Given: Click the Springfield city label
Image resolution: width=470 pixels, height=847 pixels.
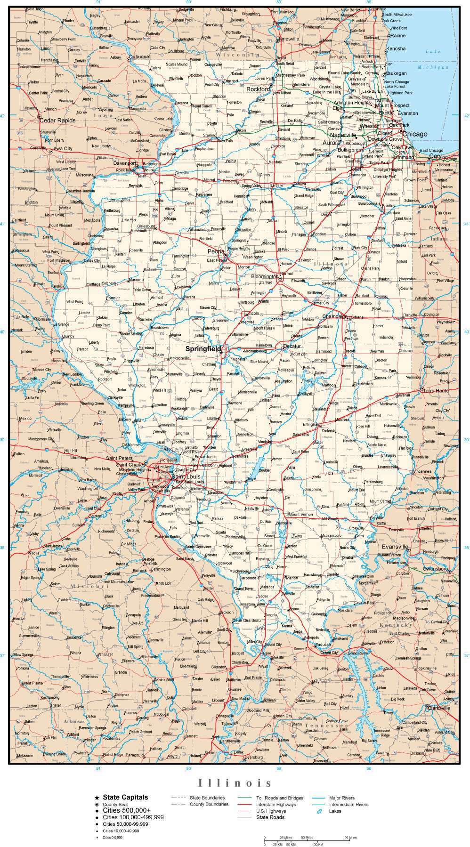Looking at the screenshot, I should (x=203, y=349).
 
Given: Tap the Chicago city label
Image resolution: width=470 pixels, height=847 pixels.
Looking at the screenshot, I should (x=414, y=134).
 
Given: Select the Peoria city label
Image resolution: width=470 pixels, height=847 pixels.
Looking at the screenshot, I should (x=216, y=251).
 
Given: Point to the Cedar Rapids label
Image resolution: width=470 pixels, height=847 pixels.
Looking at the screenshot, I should (x=57, y=121).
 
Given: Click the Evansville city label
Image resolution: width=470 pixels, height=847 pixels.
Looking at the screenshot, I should (x=395, y=547).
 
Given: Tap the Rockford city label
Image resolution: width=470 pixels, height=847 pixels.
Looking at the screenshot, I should (x=258, y=89).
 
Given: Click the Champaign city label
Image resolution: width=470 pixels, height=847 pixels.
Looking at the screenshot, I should (x=334, y=316).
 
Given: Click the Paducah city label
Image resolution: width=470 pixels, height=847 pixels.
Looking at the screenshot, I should (x=323, y=645).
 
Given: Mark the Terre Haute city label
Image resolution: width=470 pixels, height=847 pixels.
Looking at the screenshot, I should (x=436, y=391).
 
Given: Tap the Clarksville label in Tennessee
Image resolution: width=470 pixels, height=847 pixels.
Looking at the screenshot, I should (x=438, y=708).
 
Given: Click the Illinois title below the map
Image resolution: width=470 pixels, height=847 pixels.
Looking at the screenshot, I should (x=235, y=783).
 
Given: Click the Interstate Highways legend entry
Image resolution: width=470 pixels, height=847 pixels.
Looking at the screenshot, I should (x=276, y=805).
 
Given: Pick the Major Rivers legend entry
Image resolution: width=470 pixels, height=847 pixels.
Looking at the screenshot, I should (x=342, y=798).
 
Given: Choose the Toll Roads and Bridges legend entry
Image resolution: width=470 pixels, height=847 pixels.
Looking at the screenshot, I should (x=280, y=798).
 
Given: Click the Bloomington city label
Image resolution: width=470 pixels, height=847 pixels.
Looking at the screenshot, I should (x=265, y=276).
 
